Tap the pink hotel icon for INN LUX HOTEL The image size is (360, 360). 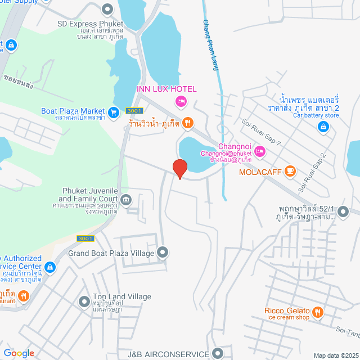pos(181,101)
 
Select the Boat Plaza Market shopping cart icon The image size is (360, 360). pos(114,112)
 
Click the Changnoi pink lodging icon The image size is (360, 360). pos(259,151)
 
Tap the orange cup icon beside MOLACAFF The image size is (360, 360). pos(290,170)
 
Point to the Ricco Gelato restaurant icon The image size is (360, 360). pos(318,312)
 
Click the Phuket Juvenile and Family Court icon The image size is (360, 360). pos(125,199)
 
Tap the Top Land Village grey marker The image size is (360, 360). pos(84,301)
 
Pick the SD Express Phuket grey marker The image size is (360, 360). pos(107,9)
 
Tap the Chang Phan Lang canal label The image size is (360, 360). pos(211,45)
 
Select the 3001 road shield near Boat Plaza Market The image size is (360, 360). pos(133,111)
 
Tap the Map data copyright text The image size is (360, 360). pos(335,355)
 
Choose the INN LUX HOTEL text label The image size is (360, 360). pos(166,89)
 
